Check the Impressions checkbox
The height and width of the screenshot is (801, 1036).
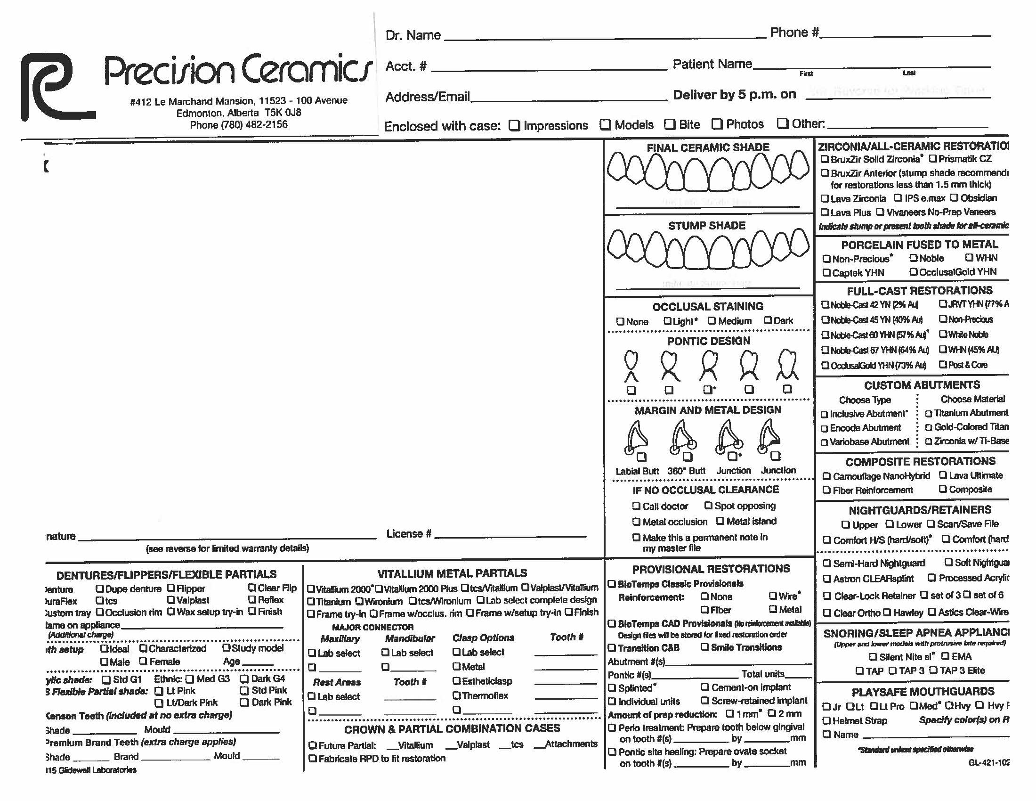514,125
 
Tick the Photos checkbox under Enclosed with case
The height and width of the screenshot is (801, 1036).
717,124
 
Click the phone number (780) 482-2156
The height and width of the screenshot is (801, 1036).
239,124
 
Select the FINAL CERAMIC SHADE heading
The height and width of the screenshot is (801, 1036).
708,147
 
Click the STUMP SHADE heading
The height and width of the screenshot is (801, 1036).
707,226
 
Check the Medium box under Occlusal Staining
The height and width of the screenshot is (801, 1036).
712,321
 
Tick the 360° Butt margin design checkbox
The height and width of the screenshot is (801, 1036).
688,457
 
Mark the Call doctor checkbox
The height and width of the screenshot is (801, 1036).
636,507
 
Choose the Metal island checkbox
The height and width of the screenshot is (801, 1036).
720,521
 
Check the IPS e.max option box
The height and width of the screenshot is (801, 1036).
898,198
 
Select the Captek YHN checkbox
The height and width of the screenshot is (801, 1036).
826,273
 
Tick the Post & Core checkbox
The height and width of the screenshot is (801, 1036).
943,364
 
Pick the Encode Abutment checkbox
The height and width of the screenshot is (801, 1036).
825,428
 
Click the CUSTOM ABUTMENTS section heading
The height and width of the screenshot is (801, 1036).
922,385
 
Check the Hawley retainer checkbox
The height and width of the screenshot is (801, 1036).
887,613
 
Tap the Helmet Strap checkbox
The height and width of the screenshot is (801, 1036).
827,721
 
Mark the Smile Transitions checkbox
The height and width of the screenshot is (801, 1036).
705,647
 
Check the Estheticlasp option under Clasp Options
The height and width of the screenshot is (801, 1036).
456,681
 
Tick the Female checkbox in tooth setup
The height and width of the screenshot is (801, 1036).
143,662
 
